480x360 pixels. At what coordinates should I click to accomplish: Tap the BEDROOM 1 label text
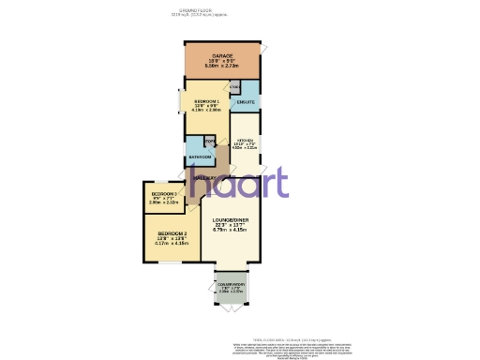click(x=207, y=100)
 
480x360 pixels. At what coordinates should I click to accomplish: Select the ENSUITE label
click(x=246, y=102)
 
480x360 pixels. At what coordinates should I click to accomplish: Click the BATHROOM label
click(x=200, y=157)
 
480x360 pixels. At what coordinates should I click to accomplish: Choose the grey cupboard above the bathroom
click(x=210, y=142)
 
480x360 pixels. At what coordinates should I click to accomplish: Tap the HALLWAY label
click(x=205, y=177)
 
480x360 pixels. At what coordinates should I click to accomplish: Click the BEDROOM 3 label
click(x=164, y=193)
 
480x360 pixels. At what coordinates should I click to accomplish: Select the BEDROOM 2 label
click(x=173, y=233)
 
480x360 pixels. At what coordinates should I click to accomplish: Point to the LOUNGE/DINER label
click(x=229, y=221)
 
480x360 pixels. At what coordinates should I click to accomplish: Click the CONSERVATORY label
click(x=231, y=282)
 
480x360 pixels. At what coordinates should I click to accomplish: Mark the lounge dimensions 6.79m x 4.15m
click(x=229, y=232)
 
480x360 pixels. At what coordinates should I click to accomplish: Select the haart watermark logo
click(x=239, y=183)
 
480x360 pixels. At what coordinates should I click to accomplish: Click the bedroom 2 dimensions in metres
click(x=173, y=244)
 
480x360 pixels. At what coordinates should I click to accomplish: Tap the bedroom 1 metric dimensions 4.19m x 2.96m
click(x=207, y=111)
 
